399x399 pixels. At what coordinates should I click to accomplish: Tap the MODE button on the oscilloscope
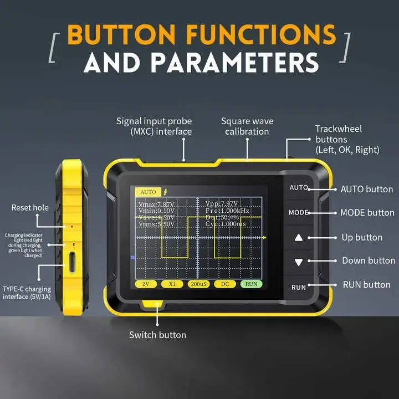(299, 213)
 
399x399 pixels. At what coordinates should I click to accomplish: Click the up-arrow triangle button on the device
(299, 238)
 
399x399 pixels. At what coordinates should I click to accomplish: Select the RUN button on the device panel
(299, 287)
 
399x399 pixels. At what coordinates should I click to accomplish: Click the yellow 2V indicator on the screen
(146, 283)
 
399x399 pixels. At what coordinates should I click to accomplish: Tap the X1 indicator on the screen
(172, 283)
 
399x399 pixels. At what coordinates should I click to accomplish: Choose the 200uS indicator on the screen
(198, 283)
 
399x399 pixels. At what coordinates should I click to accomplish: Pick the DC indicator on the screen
(224, 283)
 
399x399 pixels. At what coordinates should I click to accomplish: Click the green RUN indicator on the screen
(251, 283)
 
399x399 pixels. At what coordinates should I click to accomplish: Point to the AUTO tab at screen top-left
(148, 192)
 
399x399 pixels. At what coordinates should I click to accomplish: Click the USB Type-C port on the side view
(72, 262)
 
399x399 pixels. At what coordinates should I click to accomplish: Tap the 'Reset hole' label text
(30, 208)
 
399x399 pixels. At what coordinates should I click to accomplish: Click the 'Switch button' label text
(157, 335)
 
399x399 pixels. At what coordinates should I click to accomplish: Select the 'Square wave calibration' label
(247, 126)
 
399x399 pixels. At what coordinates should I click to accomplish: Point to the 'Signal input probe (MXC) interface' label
(154, 126)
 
